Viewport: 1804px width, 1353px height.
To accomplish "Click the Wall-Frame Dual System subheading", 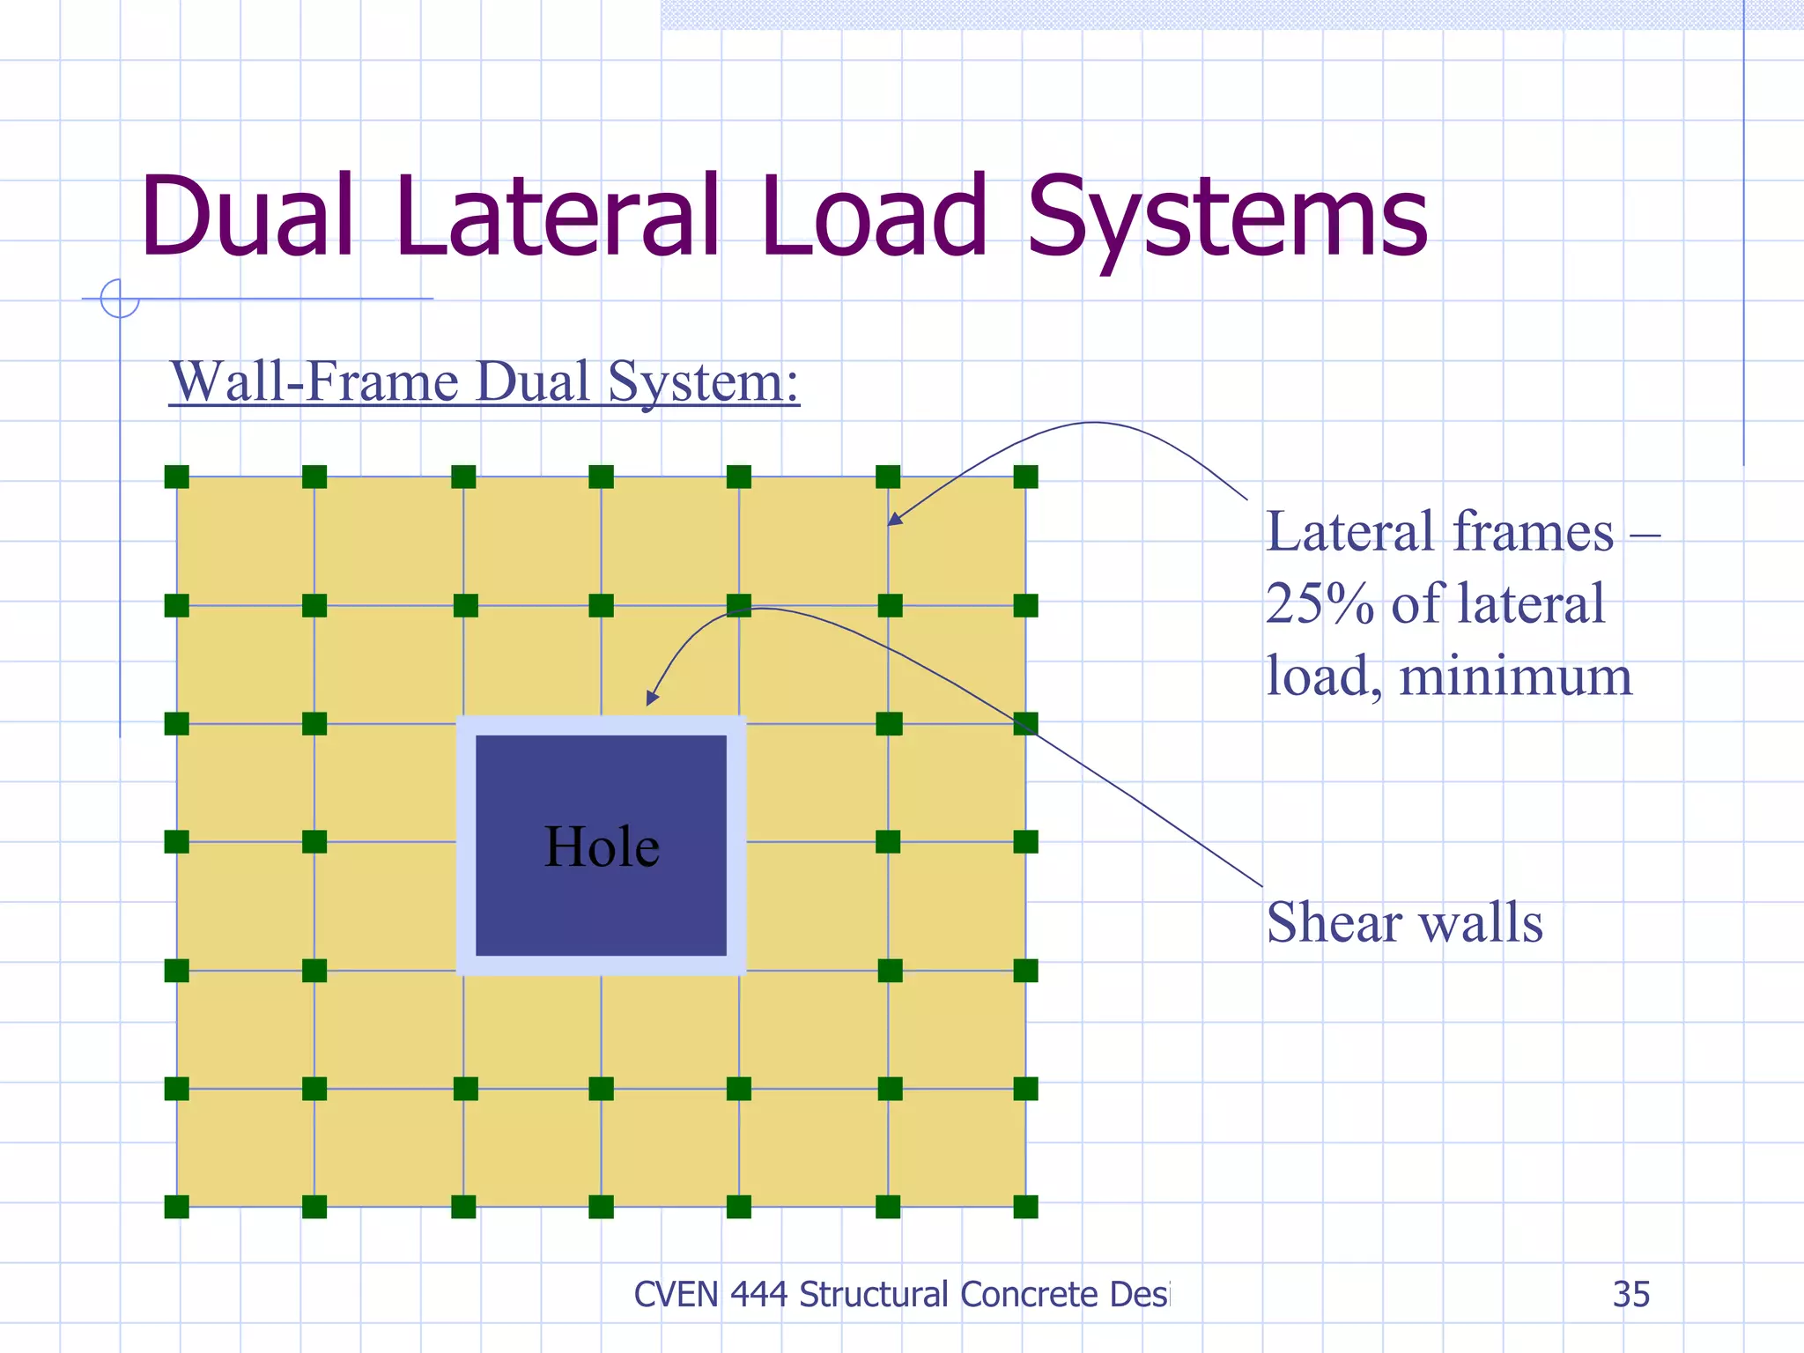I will click(x=484, y=382).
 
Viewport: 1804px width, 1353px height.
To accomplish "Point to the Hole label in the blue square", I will click(x=602, y=847).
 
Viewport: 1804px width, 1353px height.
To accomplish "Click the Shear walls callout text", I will click(x=1404, y=922).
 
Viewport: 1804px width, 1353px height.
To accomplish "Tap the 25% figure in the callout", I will click(x=1319, y=604).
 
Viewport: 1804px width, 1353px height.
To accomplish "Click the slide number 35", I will click(x=1630, y=1294).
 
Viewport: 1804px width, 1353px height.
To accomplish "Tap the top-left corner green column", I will click(x=177, y=477).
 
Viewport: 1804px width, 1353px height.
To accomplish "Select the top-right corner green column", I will click(x=1025, y=477).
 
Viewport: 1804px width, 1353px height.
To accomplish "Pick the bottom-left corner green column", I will click(x=177, y=1207).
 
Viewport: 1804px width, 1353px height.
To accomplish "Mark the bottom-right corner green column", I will click(x=1025, y=1207).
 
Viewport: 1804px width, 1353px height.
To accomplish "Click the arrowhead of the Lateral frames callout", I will click(x=892, y=521).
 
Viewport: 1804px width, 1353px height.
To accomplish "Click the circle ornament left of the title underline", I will click(x=120, y=299).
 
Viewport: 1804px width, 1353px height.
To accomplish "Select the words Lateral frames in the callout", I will click(x=1439, y=532).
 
